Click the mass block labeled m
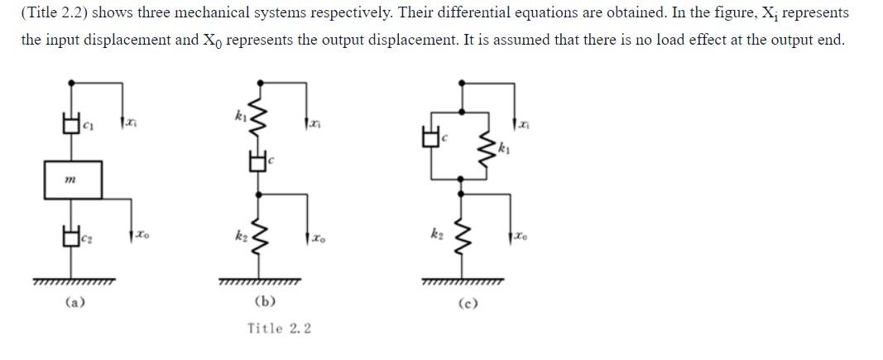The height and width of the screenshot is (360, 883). [x=73, y=180]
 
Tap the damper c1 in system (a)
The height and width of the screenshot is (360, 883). [x=73, y=126]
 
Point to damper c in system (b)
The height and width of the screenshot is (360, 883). [x=260, y=161]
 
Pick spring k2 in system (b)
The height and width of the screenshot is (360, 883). [x=261, y=241]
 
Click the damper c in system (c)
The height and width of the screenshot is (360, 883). [x=430, y=138]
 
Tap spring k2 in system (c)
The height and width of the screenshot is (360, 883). [x=462, y=240]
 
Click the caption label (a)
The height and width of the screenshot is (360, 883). [x=74, y=303]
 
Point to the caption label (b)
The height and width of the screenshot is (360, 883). [x=266, y=303]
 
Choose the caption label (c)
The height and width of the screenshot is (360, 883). [x=468, y=304]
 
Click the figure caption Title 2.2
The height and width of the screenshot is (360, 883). [x=279, y=329]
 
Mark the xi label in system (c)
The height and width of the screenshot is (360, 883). [x=524, y=124]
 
